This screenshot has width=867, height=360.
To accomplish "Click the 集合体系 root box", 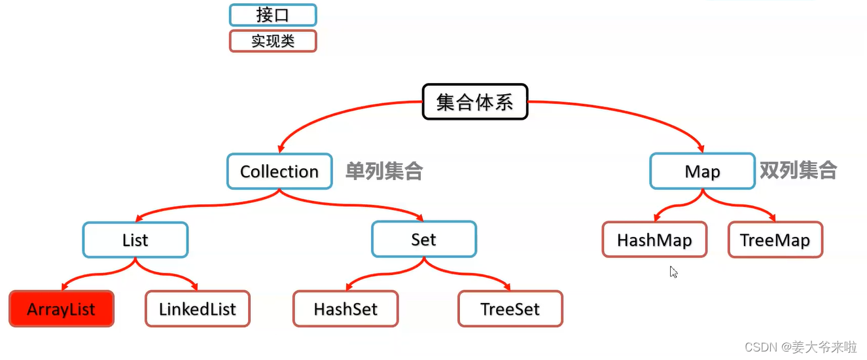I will pos(474,101).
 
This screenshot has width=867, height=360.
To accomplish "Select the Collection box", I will pos(279,171).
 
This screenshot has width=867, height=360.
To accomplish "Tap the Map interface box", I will pos(702,171).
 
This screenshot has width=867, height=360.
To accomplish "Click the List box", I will pos(135,240).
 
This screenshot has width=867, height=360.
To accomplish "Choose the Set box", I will pos(424,240).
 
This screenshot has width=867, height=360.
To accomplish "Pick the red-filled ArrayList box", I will pos(62,309).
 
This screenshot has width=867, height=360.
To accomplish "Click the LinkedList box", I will pos(198,309).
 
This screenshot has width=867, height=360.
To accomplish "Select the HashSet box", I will pos(345,309).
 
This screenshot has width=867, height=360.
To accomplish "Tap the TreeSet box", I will pos(510,309).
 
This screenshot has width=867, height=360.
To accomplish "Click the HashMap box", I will pos(654,240).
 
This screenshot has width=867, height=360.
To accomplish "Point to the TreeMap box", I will pos(775,240).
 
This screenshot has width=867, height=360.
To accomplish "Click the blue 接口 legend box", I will pos(273,15).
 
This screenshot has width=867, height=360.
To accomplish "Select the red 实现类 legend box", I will pos(273,41).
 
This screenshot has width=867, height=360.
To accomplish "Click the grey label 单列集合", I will pos(384,171).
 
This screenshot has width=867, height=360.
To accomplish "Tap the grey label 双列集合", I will pos(798,171).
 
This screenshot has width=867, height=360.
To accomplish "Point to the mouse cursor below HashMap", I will pos(673,272).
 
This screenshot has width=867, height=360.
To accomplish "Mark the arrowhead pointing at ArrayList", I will pos(65,286).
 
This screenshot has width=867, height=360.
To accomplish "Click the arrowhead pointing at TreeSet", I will pos(505,286).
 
